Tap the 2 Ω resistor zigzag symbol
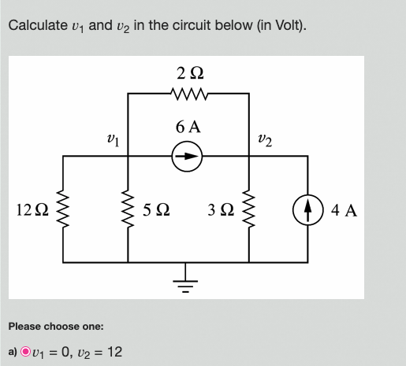[x=189, y=95]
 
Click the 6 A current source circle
[x=188, y=157]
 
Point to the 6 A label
[x=188, y=126]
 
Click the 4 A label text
[x=344, y=210]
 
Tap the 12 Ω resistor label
[x=31, y=210]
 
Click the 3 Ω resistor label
[x=222, y=210]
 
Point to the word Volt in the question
[x=282, y=25]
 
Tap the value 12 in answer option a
[x=114, y=351]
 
